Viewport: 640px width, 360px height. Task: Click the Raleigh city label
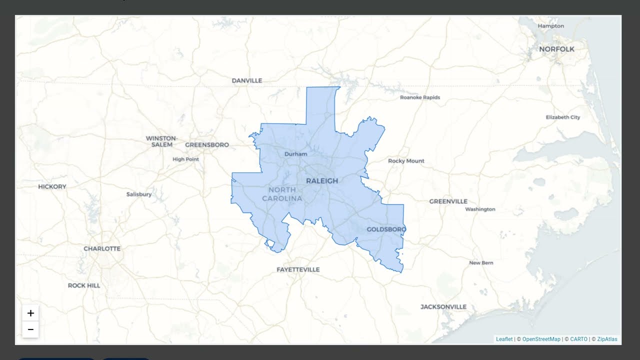pos(322,180)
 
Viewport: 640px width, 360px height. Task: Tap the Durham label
pos(295,154)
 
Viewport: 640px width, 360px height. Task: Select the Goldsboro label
pos(386,229)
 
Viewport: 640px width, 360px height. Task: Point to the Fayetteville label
pos(298,269)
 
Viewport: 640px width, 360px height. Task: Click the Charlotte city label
pos(102,248)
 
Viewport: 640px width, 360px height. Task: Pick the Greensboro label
pos(207,145)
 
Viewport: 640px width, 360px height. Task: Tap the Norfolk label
pos(556,49)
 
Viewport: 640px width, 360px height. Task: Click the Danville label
pos(247,80)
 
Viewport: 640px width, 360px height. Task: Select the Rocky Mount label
pos(406,161)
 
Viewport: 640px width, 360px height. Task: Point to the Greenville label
pos(448,201)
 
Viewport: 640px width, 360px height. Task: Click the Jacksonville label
pos(443,307)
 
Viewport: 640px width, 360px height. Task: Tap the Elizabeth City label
pos(563,117)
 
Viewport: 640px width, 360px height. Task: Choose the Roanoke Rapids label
pos(420,97)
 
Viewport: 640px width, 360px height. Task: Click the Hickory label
pos(52,186)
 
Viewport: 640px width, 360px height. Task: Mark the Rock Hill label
pos(84,285)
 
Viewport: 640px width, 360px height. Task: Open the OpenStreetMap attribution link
pos(541,339)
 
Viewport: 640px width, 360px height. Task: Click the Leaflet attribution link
pos(504,339)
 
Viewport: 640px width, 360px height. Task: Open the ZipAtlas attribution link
pos(607,339)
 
